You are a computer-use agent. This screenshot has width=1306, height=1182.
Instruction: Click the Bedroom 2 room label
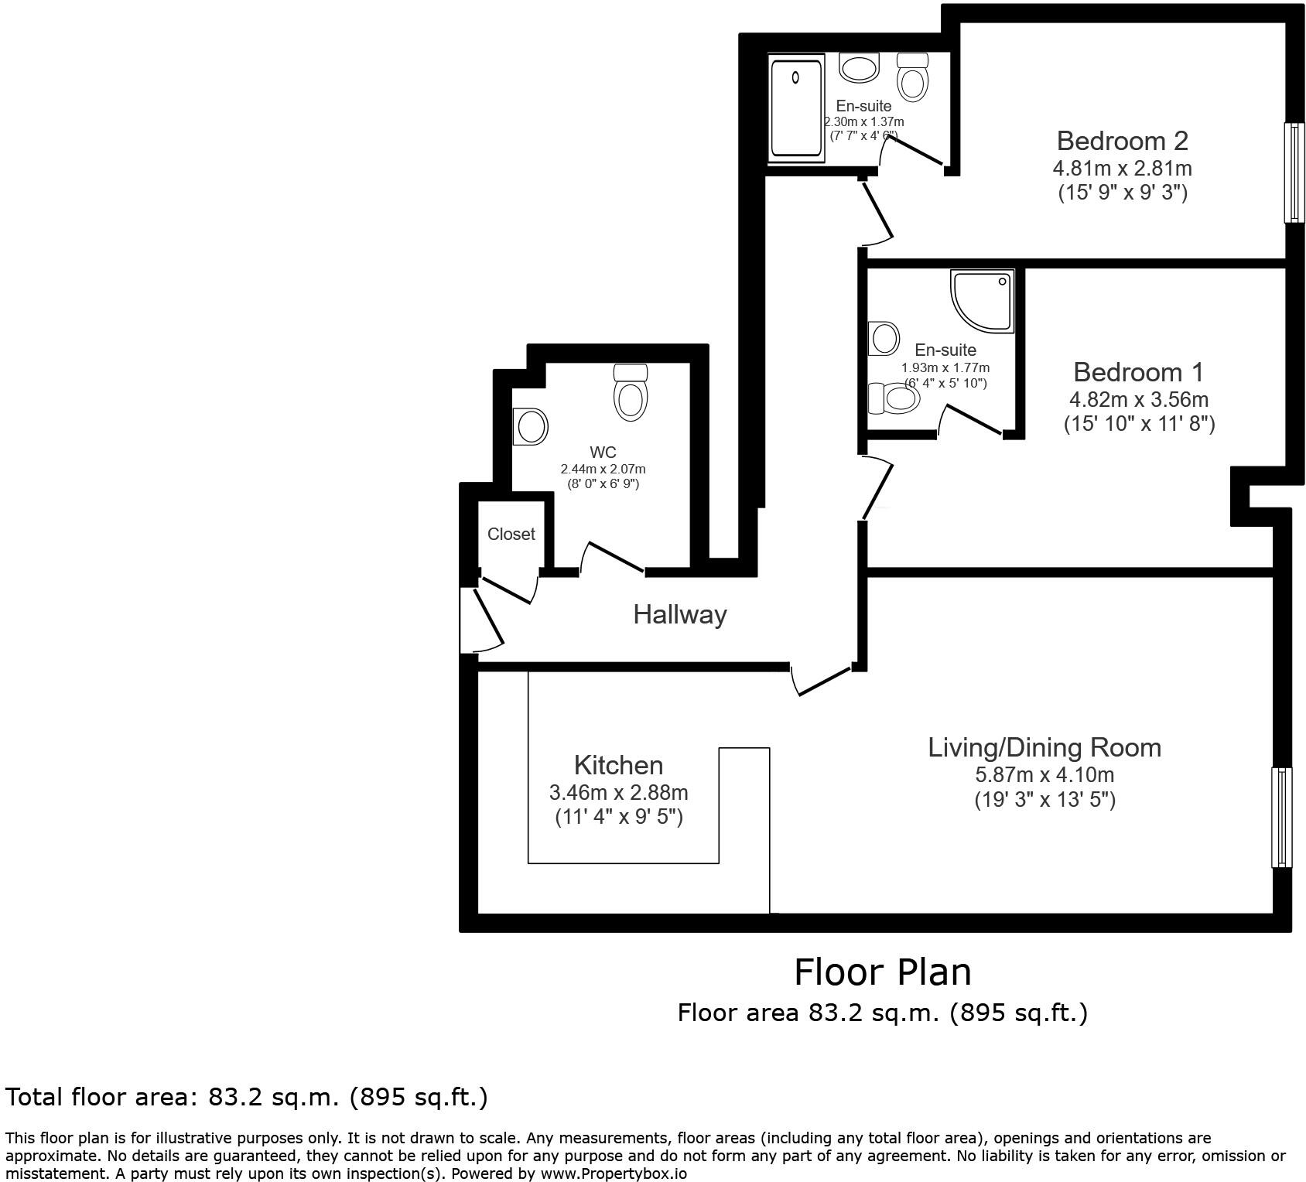[1122, 141]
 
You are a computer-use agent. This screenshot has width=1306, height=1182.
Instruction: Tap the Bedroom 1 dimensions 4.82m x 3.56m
[1139, 399]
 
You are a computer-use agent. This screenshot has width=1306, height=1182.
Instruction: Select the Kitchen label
[618, 765]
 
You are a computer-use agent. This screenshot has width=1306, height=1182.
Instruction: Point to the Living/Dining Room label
[1044, 747]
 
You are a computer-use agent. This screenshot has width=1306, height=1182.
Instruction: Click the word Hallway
[680, 615]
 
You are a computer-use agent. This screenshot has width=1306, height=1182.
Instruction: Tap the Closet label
[511, 534]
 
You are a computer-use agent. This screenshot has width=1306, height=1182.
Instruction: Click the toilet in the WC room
[630, 392]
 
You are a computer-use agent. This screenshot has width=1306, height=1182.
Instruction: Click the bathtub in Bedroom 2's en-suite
[795, 108]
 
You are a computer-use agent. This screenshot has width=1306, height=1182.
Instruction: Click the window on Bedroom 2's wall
[1294, 173]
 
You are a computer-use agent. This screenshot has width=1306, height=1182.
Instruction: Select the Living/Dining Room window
[1281, 817]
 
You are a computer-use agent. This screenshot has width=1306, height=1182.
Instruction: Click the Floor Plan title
[882, 972]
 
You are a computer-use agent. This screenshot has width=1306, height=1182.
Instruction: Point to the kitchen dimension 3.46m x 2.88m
[618, 792]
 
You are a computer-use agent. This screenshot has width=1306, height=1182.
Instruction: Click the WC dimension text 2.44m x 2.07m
[603, 469]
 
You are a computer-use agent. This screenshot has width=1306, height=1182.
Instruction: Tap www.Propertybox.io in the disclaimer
[614, 1173]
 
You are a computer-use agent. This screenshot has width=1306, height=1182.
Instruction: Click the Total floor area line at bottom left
[247, 1097]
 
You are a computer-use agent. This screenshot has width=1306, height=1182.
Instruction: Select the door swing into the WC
[611, 558]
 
